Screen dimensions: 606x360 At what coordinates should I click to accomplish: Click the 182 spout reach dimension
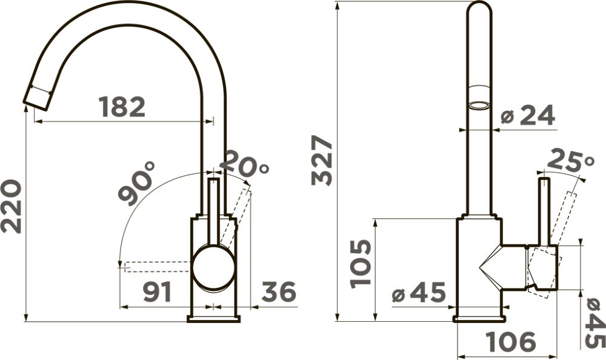coord(122,107)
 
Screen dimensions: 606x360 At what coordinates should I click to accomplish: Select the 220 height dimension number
coord(11,206)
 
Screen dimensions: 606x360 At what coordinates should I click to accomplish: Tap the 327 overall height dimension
coord(322,160)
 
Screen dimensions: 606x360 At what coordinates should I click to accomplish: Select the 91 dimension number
coord(158,292)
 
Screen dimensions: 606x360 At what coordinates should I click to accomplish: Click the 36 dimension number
coord(279,292)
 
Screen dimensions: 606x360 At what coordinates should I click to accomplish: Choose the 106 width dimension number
coord(511,342)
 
